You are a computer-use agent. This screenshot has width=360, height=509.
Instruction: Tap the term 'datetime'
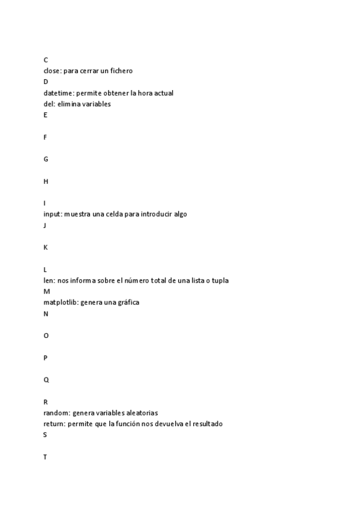58,93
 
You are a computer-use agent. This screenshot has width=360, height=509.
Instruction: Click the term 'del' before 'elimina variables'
49,104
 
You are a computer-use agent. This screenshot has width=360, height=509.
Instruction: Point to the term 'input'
52,214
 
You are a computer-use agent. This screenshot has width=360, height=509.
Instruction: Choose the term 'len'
49,280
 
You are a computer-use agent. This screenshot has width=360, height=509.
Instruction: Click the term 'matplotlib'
60,303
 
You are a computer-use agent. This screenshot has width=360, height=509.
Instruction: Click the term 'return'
54,424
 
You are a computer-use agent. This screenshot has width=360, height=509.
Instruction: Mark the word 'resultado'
206,424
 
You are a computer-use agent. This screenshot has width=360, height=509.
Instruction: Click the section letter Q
46,380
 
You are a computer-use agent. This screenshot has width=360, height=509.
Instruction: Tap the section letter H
46,181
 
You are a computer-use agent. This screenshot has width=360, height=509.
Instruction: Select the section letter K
46,247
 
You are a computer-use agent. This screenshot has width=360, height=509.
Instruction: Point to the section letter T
46,457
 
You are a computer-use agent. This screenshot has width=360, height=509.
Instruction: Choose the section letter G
46,159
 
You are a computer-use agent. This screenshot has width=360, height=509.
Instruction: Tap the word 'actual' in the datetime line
163,93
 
